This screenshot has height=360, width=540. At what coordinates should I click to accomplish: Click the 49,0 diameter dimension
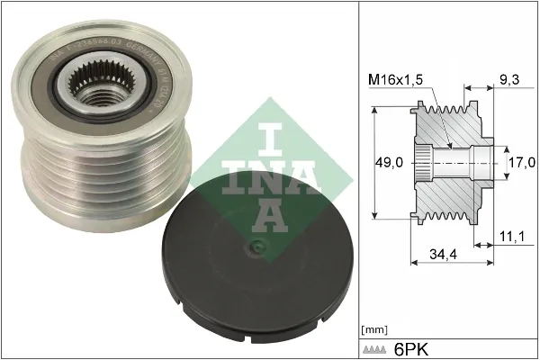coord(389,163)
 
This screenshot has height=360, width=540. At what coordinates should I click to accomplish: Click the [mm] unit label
coord(373,329)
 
